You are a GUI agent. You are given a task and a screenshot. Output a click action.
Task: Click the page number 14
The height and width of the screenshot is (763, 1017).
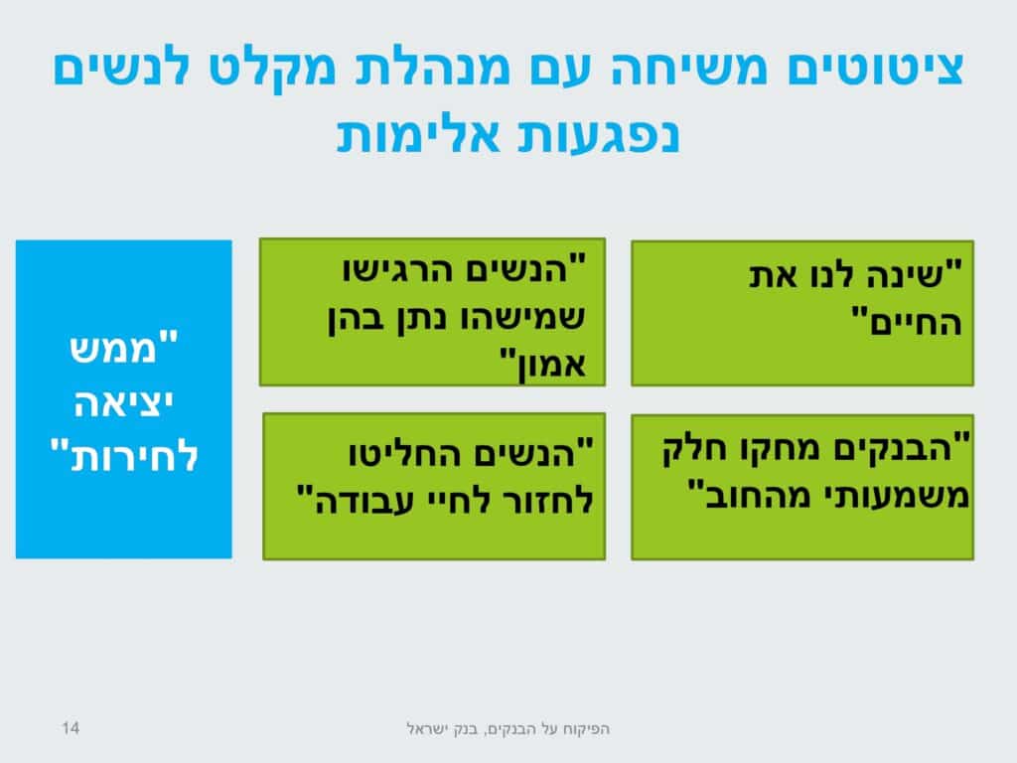click(x=71, y=728)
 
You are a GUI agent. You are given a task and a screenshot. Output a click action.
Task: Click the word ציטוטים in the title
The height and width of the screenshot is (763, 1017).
click(x=876, y=69)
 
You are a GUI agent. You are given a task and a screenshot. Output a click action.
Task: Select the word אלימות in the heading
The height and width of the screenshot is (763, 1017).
click(x=418, y=135)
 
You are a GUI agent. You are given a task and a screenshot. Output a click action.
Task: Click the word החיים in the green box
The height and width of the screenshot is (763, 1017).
click(x=915, y=323)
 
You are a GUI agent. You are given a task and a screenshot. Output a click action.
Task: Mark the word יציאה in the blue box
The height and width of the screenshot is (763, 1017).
click(x=123, y=403)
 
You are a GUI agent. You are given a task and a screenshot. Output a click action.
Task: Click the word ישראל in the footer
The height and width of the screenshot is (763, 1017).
click(x=427, y=729)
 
